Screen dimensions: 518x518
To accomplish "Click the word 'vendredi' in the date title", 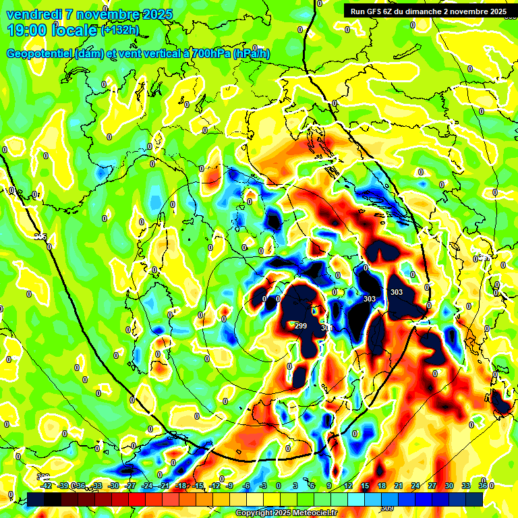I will (x=34, y=14).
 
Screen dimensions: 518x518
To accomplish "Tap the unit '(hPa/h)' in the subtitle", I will (x=252, y=54).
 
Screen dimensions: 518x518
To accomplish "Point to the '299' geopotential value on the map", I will (x=301, y=326).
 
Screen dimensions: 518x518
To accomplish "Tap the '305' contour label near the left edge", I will (x=41, y=237).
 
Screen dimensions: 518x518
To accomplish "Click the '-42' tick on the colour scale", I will (x=46, y=486).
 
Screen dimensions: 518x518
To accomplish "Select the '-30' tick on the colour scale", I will (x=113, y=486).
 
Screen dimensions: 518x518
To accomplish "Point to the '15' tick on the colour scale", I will (x=364, y=486).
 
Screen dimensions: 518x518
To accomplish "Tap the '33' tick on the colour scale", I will (x=465, y=486).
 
